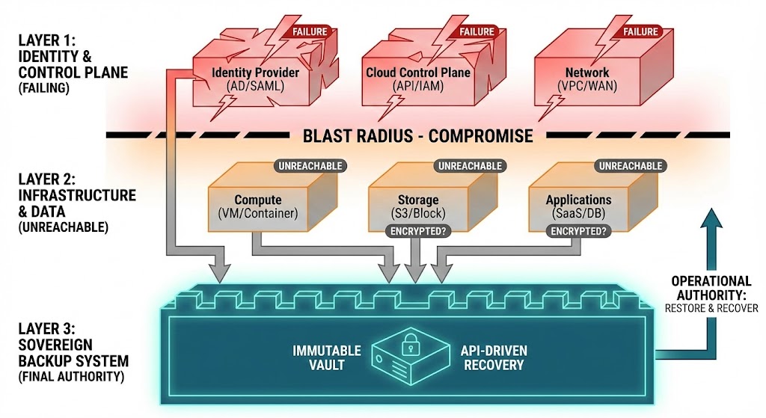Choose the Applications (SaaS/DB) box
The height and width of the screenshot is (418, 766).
578,206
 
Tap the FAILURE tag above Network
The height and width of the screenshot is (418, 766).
640,31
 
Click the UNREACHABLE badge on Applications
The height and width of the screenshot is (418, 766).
628,165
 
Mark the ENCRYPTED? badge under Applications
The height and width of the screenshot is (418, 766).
577,232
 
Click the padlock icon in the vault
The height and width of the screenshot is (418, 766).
410,346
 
